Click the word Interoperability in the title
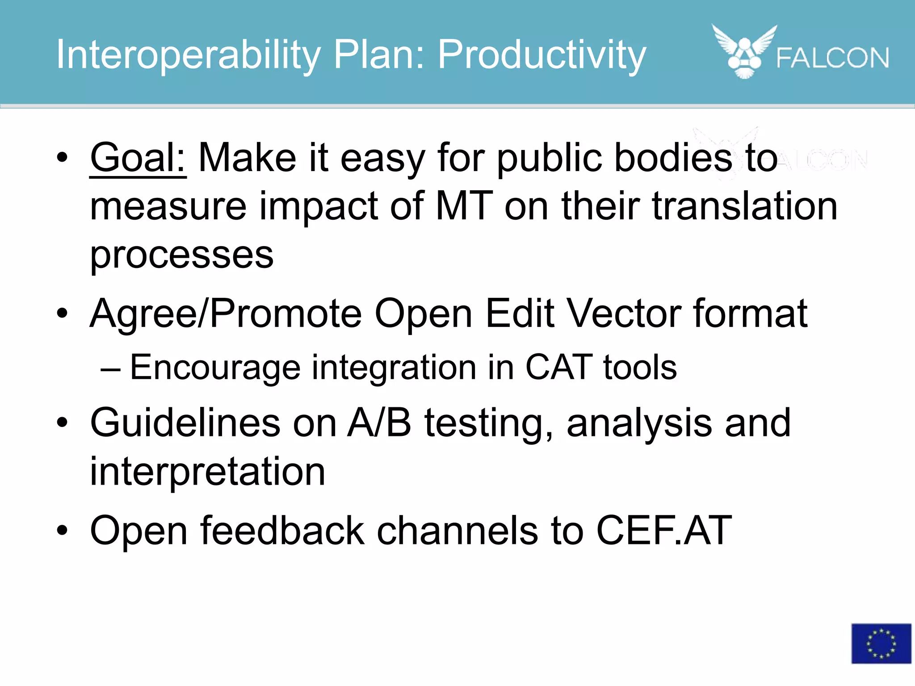[x=188, y=55]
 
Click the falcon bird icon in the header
[x=744, y=51]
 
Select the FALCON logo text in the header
[x=832, y=58]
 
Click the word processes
[x=181, y=255]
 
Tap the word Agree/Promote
[x=225, y=314]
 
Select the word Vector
[x=623, y=314]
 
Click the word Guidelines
[x=185, y=423]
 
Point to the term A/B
[x=379, y=423]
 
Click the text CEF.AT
[x=664, y=531]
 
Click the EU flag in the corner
[x=881, y=643]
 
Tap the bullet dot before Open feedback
[x=62, y=531]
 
